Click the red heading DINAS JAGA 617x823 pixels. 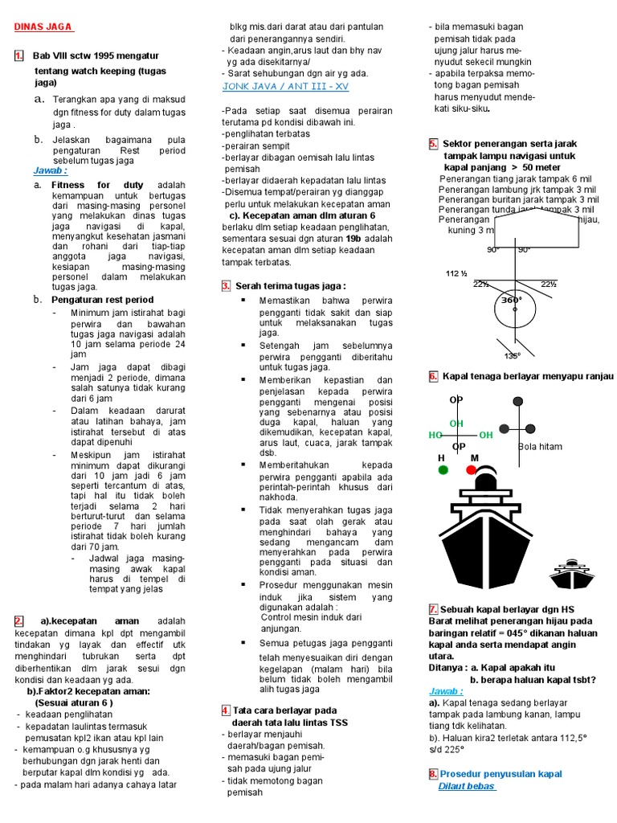click(43, 27)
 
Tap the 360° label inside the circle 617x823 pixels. click(512, 299)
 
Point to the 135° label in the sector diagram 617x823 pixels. click(512, 355)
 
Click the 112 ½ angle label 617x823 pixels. click(457, 274)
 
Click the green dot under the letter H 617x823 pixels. click(442, 469)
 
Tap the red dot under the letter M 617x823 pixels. click(472, 469)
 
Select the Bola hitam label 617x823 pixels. click(540, 447)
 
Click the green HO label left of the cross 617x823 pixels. click(435, 435)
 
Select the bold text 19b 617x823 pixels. click(353, 239)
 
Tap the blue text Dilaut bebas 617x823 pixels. click(467, 787)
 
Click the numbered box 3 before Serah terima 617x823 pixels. click(227, 285)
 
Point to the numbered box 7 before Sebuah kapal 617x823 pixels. click(433, 609)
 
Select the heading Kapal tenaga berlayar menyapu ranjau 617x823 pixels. click(528, 376)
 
